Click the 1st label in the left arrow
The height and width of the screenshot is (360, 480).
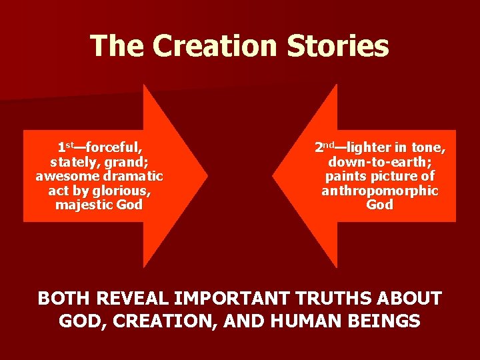(x=65, y=147)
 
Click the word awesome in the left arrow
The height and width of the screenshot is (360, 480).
(x=62, y=176)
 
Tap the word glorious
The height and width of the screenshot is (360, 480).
(x=121, y=191)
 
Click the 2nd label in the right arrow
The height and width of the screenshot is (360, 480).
(x=325, y=147)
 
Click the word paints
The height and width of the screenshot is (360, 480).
(x=343, y=176)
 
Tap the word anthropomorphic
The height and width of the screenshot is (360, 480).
(x=380, y=191)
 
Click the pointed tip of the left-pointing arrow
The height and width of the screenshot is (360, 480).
(x=273, y=176)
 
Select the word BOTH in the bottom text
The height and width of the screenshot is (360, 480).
(x=63, y=298)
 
